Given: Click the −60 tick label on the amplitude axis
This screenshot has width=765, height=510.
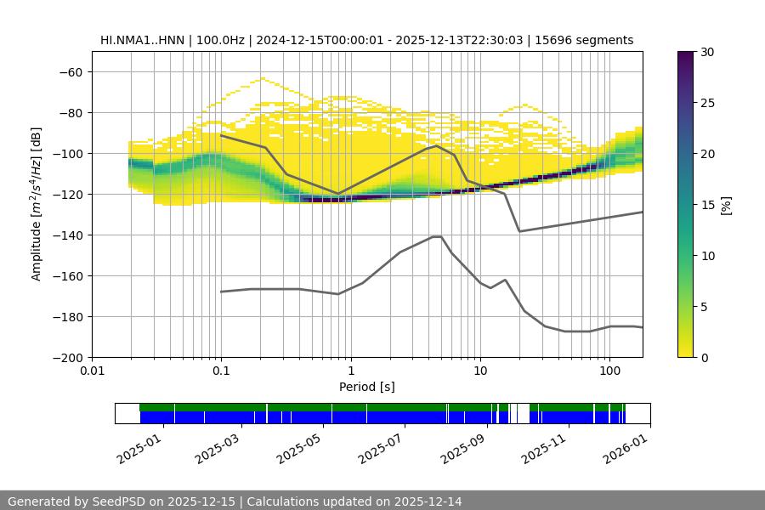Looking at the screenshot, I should [70, 71].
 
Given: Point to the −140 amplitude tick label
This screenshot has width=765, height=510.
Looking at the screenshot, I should [66, 235].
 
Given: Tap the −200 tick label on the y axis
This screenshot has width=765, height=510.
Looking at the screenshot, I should [66, 357].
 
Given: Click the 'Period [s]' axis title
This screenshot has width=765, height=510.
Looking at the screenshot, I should [367, 388].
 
